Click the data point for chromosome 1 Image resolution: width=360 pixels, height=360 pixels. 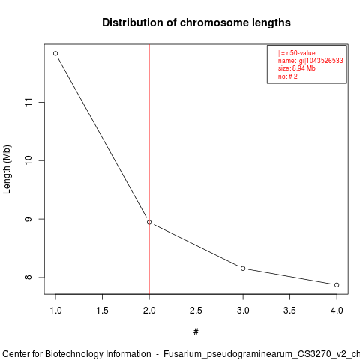[x=55, y=53]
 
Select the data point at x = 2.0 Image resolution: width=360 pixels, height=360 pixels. [x=149, y=222]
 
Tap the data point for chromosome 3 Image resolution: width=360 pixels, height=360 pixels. [x=243, y=268]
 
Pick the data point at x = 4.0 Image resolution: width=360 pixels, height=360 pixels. [x=337, y=285]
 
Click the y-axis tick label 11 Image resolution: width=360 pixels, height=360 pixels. [x=28, y=102]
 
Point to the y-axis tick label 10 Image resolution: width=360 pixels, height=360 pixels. [x=28, y=160]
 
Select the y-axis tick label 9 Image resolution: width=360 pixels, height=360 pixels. [x=28, y=219]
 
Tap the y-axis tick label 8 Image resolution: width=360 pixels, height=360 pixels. [x=28, y=277]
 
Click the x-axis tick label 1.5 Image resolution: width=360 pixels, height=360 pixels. [x=102, y=310]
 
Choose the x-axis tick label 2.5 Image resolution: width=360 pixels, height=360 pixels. [x=196, y=310]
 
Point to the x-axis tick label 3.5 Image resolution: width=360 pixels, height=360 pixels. [x=289, y=310]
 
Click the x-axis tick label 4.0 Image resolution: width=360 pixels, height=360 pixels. [x=337, y=310]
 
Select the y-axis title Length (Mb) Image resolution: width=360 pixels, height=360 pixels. [x=7, y=169]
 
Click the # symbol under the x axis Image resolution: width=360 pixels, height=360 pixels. [x=196, y=332]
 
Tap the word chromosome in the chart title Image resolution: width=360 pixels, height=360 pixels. [x=214, y=22]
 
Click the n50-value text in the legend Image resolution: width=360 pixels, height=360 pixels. [x=301, y=53]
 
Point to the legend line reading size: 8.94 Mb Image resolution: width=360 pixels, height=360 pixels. [x=297, y=68]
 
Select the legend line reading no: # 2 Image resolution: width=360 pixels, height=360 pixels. [x=288, y=76]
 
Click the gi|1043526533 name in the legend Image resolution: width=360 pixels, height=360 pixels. [x=321, y=61]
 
